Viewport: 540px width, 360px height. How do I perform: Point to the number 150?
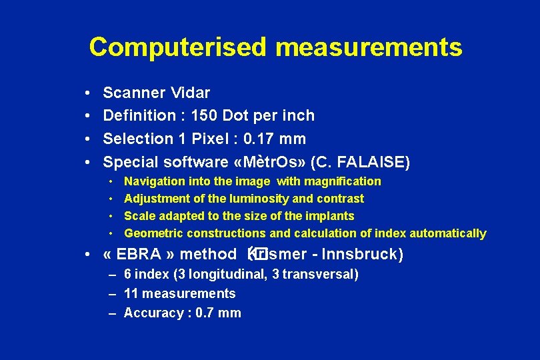pyautogui.click(x=204, y=115)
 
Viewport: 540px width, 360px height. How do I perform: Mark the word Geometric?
pyautogui.click(x=154, y=233)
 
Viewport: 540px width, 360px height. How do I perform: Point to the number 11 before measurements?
pyautogui.click(x=131, y=293)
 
